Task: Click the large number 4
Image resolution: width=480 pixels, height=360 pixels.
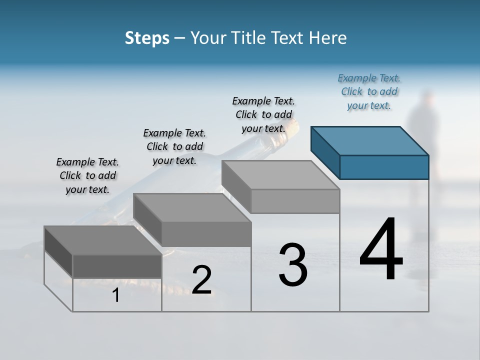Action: coord(381,250)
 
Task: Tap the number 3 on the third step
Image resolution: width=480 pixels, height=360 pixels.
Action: coord(292,265)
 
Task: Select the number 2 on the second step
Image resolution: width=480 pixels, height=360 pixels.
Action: coord(201,280)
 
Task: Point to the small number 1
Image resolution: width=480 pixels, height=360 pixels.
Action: coord(115,295)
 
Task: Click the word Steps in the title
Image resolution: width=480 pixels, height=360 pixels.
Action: coord(147,38)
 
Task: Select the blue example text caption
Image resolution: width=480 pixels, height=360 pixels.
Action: coord(369,91)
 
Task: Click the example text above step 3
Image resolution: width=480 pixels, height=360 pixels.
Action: coord(263,114)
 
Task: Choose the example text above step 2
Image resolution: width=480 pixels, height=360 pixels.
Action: coord(174,146)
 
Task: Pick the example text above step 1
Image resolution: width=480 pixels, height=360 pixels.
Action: coord(87,175)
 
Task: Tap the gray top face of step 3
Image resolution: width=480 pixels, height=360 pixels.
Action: coord(280,175)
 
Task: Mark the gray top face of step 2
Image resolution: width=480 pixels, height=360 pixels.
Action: coord(192,207)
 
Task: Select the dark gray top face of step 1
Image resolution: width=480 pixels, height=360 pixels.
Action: coord(103,240)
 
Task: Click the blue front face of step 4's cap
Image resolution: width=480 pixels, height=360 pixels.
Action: coord(384,167)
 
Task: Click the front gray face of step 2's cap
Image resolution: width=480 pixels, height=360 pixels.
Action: coord(206,234)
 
